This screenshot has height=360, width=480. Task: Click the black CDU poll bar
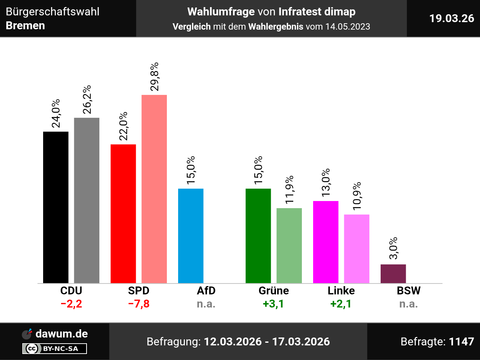tap(56, 207)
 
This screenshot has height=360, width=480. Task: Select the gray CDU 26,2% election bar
tap(87, 200)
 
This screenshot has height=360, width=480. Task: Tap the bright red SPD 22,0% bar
tap(123, 214)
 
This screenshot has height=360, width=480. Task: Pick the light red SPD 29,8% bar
tap(154, 189)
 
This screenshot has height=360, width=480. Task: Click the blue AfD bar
tap(191, 236)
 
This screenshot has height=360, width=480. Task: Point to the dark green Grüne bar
tap(258, 236)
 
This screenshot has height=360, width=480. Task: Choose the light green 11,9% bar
tap(289, 246)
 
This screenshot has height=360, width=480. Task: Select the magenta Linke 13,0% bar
tap(326, 242)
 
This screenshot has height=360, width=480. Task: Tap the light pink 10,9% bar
tap(357, 249)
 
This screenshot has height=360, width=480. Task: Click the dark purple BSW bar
tap(393, 274)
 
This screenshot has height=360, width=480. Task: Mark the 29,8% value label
tap(154, 76)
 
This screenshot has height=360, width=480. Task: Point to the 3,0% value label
tap(393, 248)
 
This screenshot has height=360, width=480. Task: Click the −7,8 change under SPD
tap(139, 304)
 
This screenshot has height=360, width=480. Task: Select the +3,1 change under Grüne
tap(273, 304)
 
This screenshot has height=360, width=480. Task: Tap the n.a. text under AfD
tap(206, 304)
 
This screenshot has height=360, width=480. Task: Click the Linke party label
tap(341, 291)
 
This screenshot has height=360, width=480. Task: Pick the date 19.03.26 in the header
tap(451, 18)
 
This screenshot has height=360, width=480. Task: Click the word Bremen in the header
tap(25, 25)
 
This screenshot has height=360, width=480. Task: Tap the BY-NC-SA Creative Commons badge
tap(55, 349)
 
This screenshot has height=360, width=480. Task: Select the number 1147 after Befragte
tap(461, 342)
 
